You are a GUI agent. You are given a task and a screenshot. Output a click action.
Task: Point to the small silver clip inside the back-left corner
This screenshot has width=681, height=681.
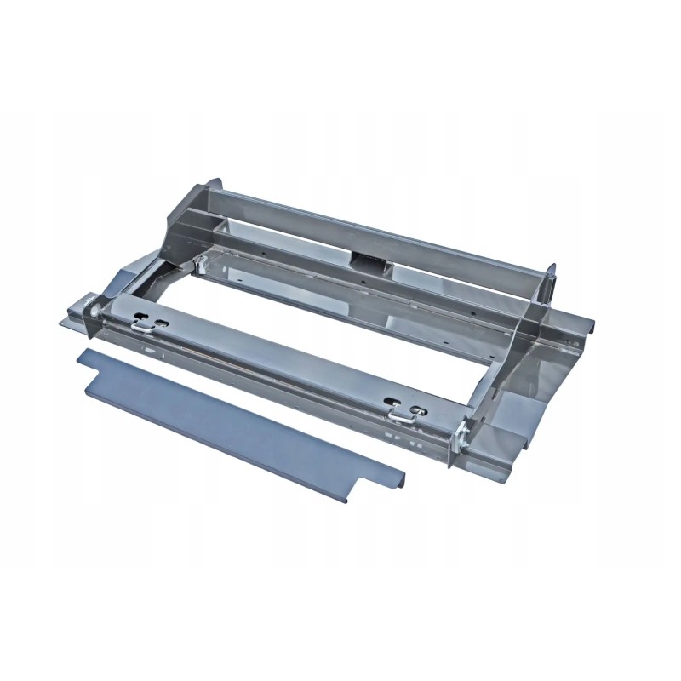(201, 265)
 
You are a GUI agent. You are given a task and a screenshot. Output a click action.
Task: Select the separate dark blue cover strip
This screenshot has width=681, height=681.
(238, 417)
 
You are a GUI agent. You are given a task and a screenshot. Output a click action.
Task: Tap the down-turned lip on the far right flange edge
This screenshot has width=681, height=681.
(587, 328)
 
